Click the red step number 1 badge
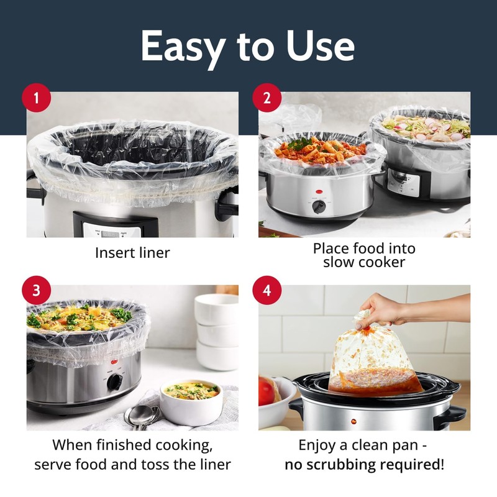pos(37,99)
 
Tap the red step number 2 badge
pos(268,99)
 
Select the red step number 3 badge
pos(37,291)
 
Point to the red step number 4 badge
pos(268,291)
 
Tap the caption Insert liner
pos(132,253)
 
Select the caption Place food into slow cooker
pos(364,255)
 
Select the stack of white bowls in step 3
pos(217,331)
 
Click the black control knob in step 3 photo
pos(114,381)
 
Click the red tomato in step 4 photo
pos(267,391)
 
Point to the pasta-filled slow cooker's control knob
pos(319,206)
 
